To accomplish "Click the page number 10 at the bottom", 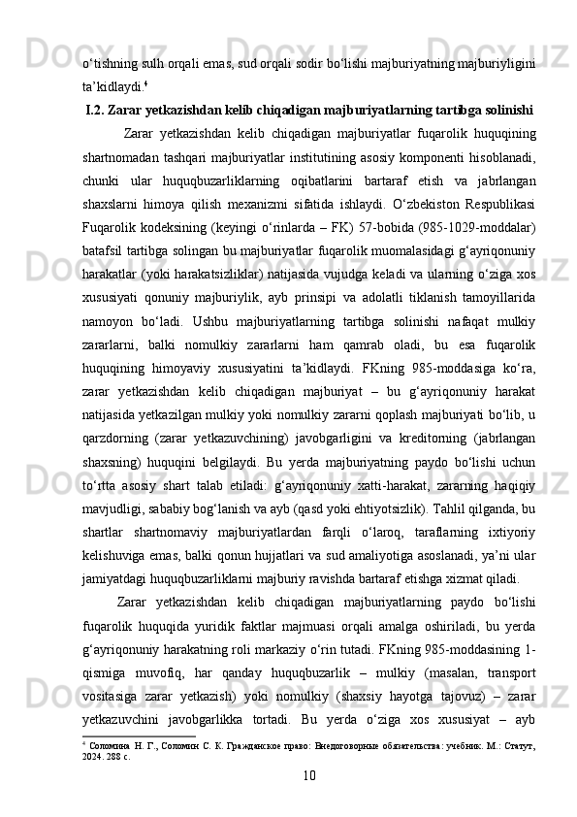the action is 309,775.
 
